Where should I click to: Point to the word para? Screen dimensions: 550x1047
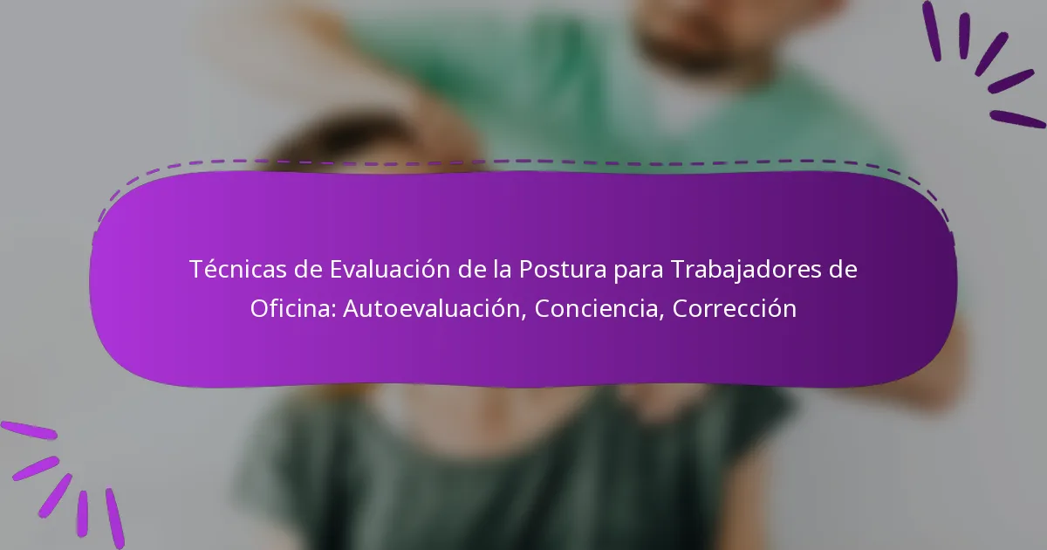[637, 270]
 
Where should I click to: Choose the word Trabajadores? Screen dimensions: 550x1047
[746, 270]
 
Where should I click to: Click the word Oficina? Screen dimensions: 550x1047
[292, 309]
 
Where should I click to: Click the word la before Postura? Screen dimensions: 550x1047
[499, 270]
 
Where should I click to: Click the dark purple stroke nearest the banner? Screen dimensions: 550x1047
[1017, 119]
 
